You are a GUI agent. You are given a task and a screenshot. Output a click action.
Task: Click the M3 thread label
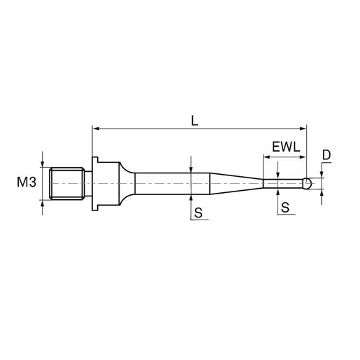point(27,182)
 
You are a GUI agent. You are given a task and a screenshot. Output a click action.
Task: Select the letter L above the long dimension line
point(194,121)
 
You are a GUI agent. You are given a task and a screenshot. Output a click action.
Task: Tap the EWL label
point(286,147)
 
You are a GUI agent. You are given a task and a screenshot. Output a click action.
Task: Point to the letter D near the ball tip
point(326,154)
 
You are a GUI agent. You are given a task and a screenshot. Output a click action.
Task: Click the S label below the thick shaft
point(199,213)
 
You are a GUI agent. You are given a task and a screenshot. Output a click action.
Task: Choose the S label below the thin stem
point(285,207)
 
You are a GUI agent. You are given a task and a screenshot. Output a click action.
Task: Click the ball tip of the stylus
point(307,183)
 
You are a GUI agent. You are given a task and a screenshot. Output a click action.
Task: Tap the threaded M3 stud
point(67,183)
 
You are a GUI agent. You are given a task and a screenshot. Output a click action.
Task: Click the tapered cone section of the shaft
point(236,183)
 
